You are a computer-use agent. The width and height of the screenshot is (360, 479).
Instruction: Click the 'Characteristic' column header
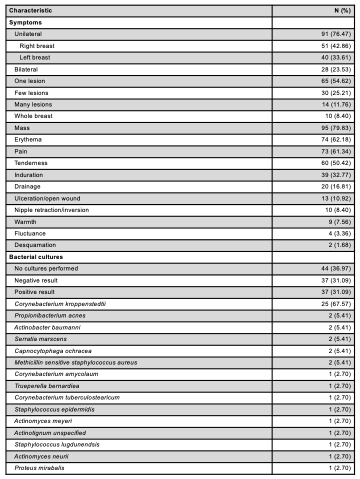click(x=30, y=10)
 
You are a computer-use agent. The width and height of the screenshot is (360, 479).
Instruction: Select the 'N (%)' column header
click(x=342, y=10)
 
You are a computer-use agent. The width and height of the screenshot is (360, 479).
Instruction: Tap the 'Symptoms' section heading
click(x=24, y=22)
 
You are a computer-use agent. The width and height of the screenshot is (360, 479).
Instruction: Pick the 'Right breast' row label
click(x=37, y=46)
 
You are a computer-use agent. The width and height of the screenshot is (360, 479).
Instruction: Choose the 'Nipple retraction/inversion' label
click(x=51, y=210)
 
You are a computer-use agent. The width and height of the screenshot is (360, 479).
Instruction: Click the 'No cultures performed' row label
click(x=46, y=268)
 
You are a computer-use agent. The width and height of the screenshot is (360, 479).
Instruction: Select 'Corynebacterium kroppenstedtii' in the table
click(x=57, y=303)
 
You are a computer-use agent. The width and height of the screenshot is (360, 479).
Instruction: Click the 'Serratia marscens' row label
click(x=40, y=338)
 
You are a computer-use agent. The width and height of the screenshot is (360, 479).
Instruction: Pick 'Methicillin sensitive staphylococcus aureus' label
click(x=75, y=362)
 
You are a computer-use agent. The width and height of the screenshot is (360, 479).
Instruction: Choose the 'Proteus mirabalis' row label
click(x=39, y=467)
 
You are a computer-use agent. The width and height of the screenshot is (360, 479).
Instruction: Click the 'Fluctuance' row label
click(x=30, y=233)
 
